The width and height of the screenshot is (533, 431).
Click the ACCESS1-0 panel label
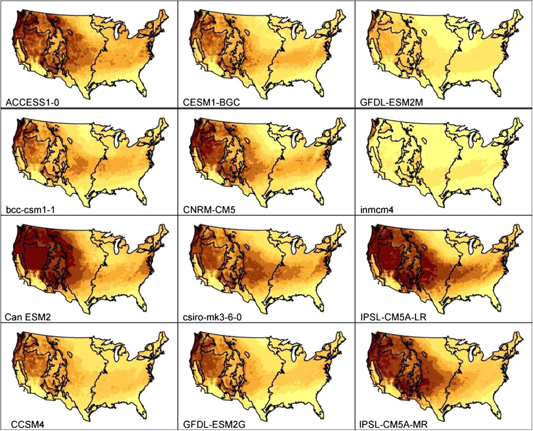point(32,102)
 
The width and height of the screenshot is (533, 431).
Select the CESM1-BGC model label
point(211,102)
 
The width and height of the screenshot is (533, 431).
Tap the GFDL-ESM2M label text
point(391,102)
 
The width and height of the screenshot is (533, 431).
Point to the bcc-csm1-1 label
point(30,210)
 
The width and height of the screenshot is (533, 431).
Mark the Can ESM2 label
point(28,317)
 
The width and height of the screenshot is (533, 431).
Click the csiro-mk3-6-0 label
point(212,317)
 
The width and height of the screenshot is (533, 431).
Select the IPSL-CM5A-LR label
point(393,317)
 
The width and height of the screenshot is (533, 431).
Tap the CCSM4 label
point(28,424)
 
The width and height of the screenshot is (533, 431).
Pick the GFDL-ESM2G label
point(214,424)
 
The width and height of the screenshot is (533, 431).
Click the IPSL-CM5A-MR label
point(394,424)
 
